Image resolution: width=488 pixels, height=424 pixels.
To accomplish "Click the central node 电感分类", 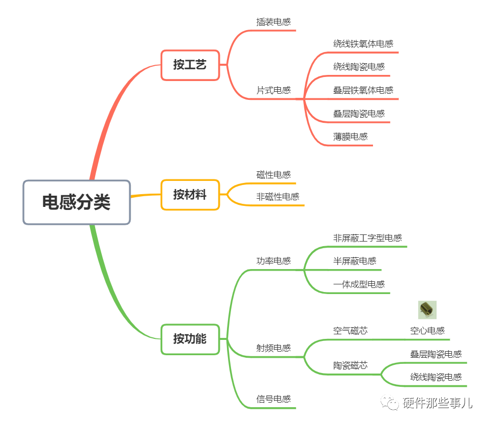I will click(76, 202).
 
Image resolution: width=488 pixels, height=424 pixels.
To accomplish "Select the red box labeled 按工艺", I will click(190, 65).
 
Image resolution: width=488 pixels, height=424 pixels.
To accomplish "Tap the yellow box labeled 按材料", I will click(190, 195).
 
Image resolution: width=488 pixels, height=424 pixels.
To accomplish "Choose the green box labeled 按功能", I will click(190, 339).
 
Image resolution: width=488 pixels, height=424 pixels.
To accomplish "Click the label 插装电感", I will click(273, 22).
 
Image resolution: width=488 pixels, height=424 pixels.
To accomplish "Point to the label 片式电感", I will click(273, 90).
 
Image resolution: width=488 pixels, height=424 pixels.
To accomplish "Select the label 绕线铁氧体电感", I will click(363, 44).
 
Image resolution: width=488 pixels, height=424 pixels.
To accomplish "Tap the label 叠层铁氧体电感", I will click(363, 90).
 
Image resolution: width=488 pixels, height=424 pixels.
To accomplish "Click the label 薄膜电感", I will click(350, 137).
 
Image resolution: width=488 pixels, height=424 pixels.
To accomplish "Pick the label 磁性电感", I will click(273, 175).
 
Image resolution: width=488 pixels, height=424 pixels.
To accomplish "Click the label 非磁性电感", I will click(277, 197).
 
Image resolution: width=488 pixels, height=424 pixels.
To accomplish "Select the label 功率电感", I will click(273, 261).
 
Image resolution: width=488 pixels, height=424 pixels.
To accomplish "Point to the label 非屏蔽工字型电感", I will click(367, 238).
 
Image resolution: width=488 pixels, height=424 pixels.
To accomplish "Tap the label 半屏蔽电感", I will click(355, 261).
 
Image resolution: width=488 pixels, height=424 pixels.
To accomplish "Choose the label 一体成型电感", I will click(359, 284).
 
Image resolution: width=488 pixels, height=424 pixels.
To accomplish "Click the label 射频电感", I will click(273, 348).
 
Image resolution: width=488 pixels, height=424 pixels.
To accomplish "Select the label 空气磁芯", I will click(350, 331).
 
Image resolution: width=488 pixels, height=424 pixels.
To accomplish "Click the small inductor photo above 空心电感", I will click(427, 309).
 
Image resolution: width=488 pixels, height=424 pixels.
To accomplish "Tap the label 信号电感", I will click(273, 399).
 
